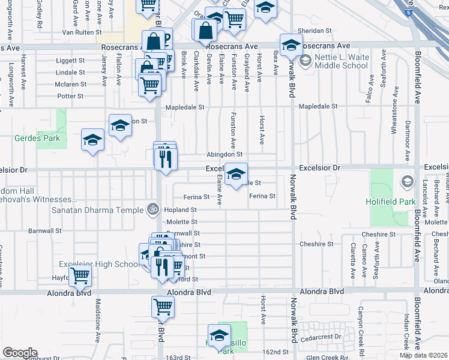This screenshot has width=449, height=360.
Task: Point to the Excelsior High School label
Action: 99,265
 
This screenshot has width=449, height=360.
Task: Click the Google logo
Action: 20,352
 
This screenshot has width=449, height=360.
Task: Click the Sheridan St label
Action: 315,31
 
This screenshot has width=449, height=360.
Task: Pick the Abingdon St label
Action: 224,154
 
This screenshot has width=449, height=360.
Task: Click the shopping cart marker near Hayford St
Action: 80,276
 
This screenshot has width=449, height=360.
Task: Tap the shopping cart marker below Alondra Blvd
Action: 163,307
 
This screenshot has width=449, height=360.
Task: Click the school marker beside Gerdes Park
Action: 92,140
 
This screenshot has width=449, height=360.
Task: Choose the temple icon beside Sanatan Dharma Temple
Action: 153,209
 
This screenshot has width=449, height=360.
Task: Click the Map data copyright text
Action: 423,355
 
